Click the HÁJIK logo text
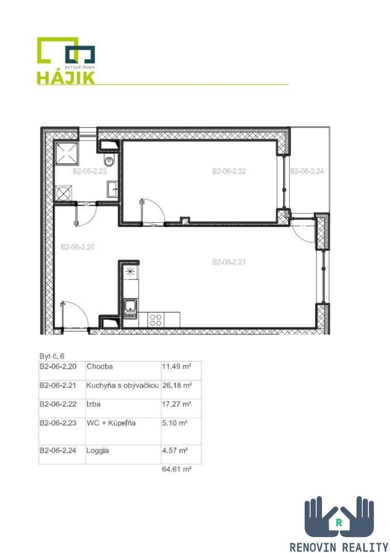[x=66, y=78]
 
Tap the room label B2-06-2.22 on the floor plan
[x=229, y=171]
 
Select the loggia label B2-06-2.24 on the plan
[x=307, y=171]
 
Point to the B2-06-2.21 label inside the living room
[x=229, y=262]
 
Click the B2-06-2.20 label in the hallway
[x=77, y=247]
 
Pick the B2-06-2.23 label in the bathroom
[x=89, y=172]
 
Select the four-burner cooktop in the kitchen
[x=155, y=320]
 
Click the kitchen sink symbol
[x=130, y=309]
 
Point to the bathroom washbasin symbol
[x=112, y=189]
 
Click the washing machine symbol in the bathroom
[x=64, y=193]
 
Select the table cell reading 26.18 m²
[x=177, y=385]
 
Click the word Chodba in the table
[x=100, y=367]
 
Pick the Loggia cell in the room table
[x=98, y=451]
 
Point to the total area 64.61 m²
[x=177, y=469]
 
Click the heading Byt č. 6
[x=52, y=356]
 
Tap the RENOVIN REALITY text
[x=338, y=547]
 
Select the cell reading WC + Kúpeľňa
[x=111, y=423]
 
